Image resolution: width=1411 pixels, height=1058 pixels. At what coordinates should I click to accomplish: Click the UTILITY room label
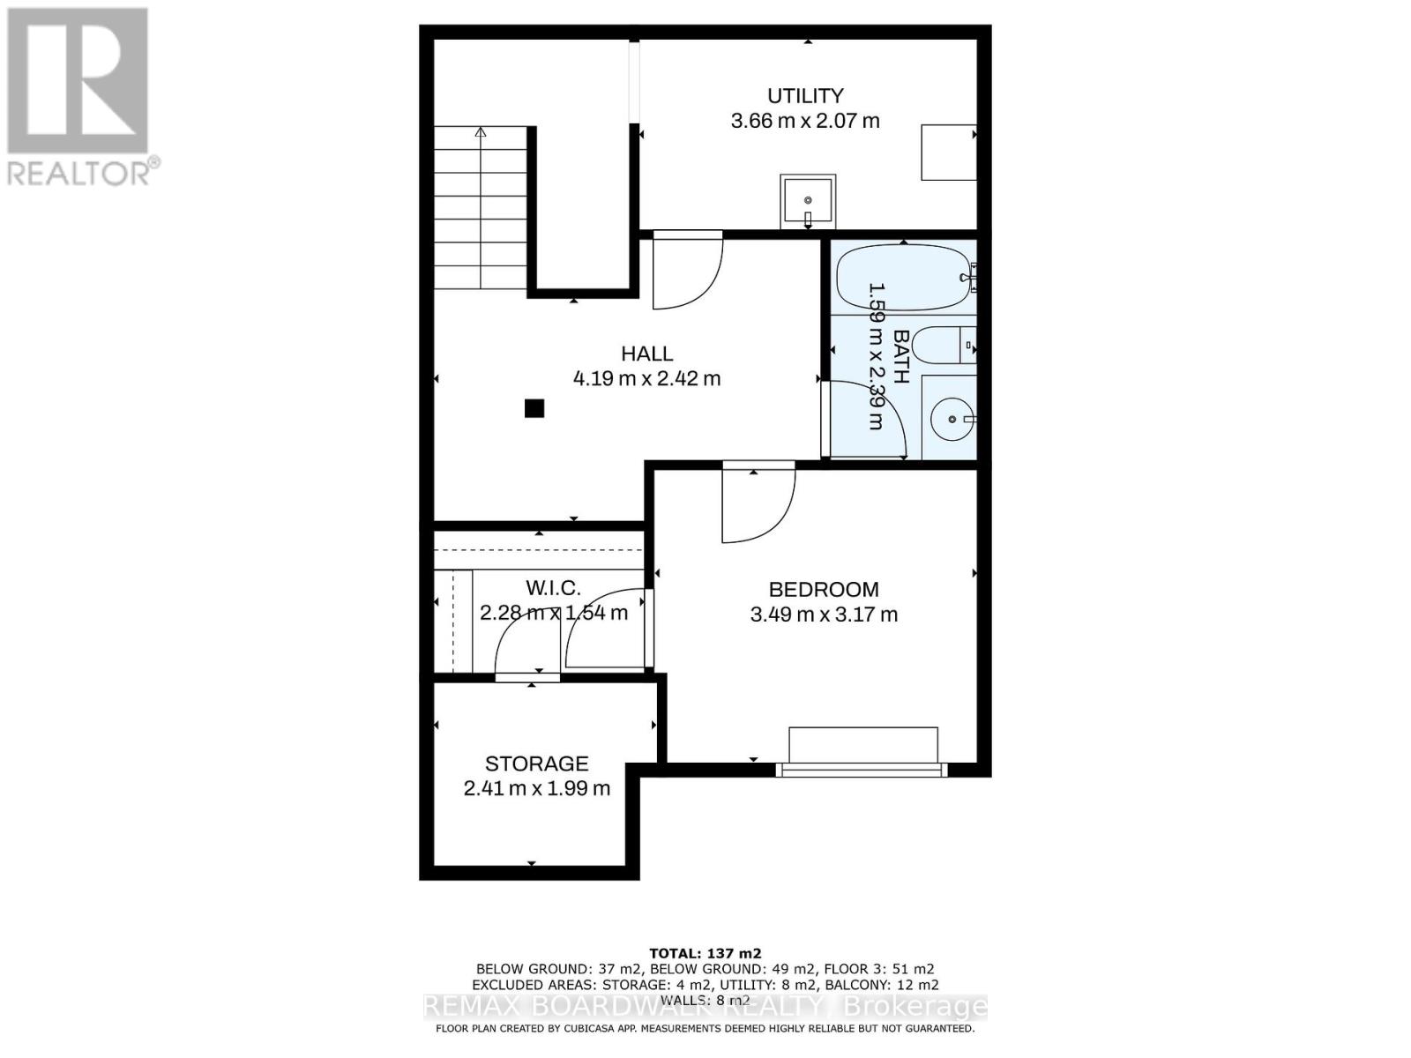click(804, 95)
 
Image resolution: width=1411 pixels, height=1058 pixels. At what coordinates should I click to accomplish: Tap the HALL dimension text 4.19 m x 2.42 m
click(646, 379)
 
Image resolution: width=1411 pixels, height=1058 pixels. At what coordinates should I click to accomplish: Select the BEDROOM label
click(824, 590)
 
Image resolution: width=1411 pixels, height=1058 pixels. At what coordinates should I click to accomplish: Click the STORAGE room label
click(536, 764)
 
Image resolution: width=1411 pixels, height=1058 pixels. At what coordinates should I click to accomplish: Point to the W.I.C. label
click(553, 588)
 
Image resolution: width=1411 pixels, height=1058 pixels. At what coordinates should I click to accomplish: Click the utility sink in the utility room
click(807, 201)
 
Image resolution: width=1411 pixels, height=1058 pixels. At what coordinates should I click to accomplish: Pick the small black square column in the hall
click(534, 408)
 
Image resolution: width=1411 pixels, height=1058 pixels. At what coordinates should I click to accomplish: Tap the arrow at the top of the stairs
click(481, 133)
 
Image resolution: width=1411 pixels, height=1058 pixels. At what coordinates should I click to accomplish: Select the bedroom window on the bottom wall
click(862, 770)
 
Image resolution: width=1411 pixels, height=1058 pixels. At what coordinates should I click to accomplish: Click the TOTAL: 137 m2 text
click(705, 953)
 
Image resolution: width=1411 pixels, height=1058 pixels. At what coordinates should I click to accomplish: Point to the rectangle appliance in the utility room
click(948, 153)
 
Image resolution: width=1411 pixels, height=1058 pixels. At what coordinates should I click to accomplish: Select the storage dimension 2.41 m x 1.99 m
click(536, 788)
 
